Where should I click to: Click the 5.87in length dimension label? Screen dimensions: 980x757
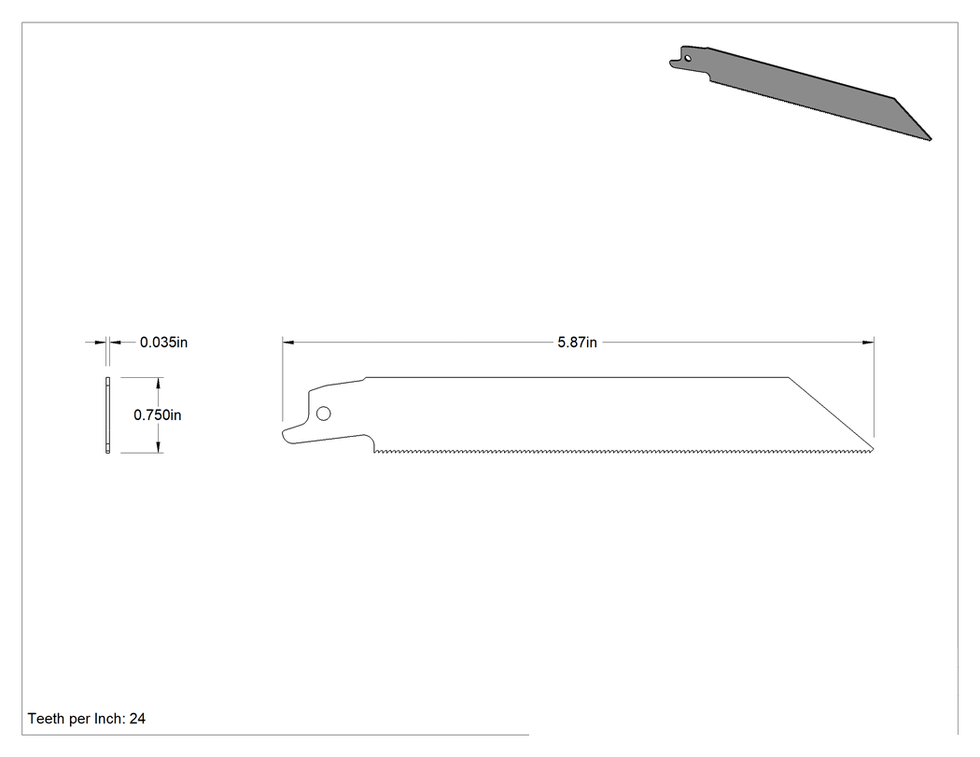(x=577, y=343)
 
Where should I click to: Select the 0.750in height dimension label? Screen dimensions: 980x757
(x=158, y=415)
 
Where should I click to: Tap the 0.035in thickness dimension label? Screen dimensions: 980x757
(x=163, y=343)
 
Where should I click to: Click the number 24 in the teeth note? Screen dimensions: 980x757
(x=137, y=719)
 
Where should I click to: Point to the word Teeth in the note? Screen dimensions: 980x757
(x=46, y=719)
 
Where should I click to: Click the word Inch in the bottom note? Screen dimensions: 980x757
(x=109, y=719)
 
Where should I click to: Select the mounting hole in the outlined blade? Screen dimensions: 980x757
(x=324, y=414)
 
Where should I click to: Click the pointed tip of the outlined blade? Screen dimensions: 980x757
(x=873, y=449)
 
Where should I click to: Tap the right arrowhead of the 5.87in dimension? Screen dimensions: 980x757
(x=868, y=342)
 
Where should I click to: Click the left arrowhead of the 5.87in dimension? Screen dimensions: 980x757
(x=288, y=342)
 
